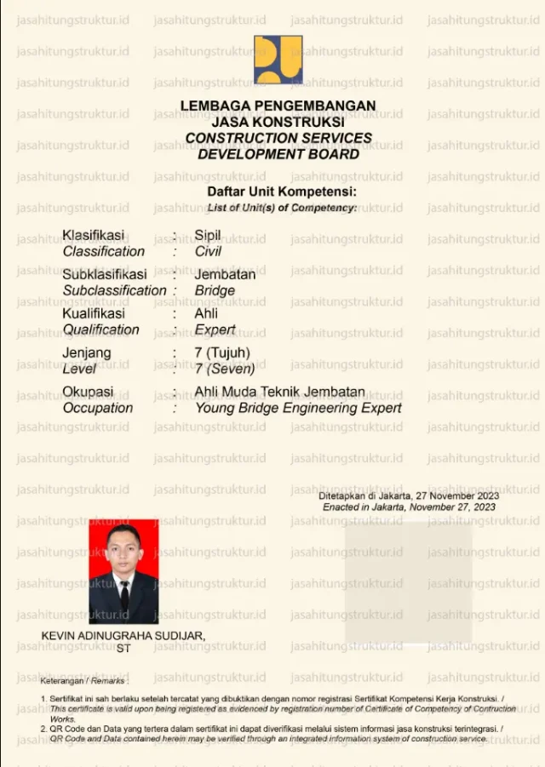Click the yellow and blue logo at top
278,60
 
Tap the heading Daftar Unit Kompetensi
282,192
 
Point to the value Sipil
208,235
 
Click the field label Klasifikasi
94,235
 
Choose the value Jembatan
225,274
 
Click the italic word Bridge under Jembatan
215,290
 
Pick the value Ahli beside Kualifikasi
207,313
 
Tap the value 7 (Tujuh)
222,352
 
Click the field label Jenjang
87,352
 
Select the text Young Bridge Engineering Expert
298,408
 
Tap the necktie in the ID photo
124,595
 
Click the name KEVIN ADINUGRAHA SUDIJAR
123,636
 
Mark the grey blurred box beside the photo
408,582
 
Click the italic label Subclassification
114,290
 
